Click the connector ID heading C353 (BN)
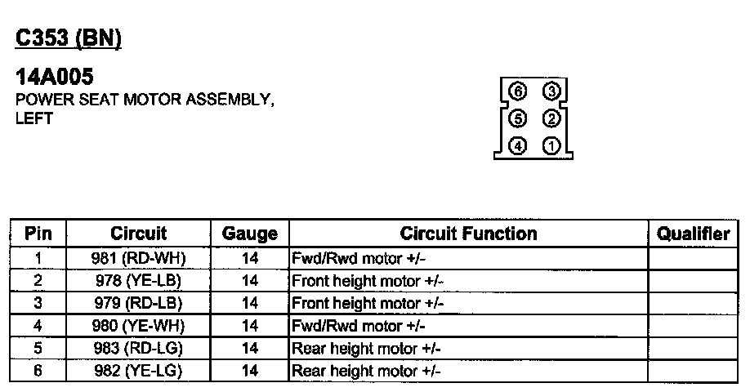69,38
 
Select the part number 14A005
55,78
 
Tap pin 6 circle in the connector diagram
517,91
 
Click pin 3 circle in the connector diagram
551,91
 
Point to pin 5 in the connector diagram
517,119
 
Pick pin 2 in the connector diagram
551,119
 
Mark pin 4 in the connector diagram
517,147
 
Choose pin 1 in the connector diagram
551,147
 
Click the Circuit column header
138,234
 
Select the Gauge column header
250,234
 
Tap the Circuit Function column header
468,234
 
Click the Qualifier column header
693,234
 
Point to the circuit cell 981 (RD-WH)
138,259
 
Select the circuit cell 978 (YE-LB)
138,281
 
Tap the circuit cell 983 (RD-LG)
138,349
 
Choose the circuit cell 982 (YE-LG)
138,372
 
